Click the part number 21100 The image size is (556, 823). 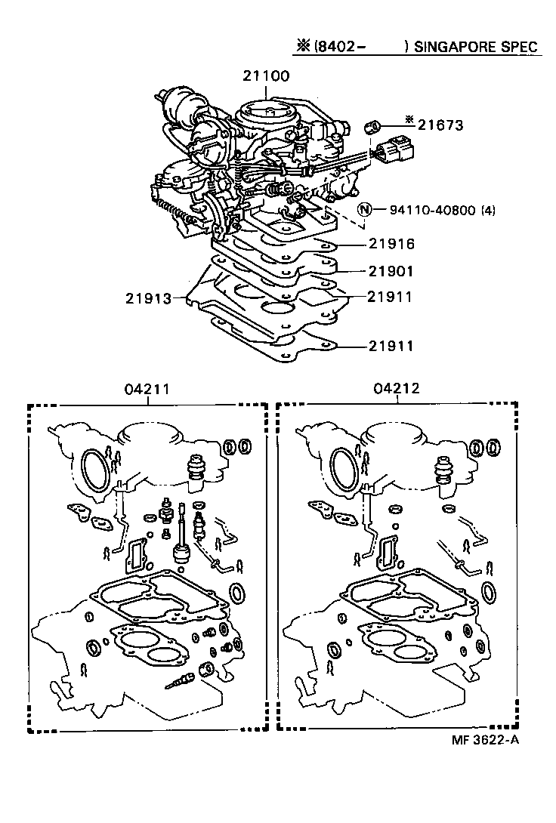tap(266, 76)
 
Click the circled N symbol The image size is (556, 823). tap(364, 210)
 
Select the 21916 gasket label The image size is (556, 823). tap(391, 245)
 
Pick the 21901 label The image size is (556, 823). tap(391, 271)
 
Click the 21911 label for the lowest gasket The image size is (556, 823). tap(391, 347)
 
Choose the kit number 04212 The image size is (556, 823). tap(396, 389)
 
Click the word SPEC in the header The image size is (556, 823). tap(520, 47)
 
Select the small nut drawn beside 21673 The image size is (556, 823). tap(371, 126)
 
